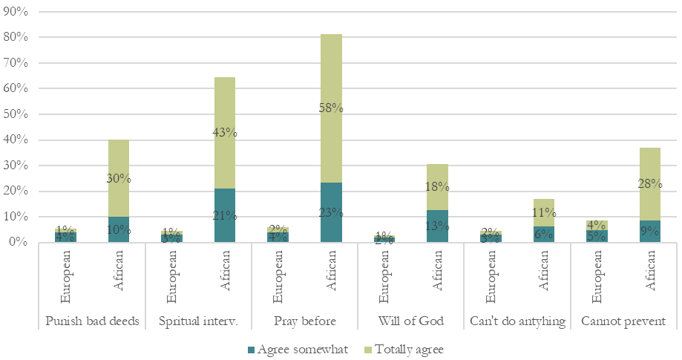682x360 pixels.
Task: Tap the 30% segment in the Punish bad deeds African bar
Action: point(119,178)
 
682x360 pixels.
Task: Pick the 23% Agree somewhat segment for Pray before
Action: point(331,212)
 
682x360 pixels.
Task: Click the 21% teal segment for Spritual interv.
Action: point(225,215)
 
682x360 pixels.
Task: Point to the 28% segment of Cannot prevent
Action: point(650,183)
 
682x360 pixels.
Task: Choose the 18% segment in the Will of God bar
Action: point(437,186)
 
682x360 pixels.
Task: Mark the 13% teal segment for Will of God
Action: point(437,226)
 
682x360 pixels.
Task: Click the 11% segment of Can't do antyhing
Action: point(544,212)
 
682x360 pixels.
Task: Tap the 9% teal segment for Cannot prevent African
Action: point(650,231)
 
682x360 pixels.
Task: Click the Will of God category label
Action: point(410,322)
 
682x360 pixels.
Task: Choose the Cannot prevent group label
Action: point(623,322)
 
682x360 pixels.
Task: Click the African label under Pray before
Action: point(331,278)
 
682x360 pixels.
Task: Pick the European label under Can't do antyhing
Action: point(491,278)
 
